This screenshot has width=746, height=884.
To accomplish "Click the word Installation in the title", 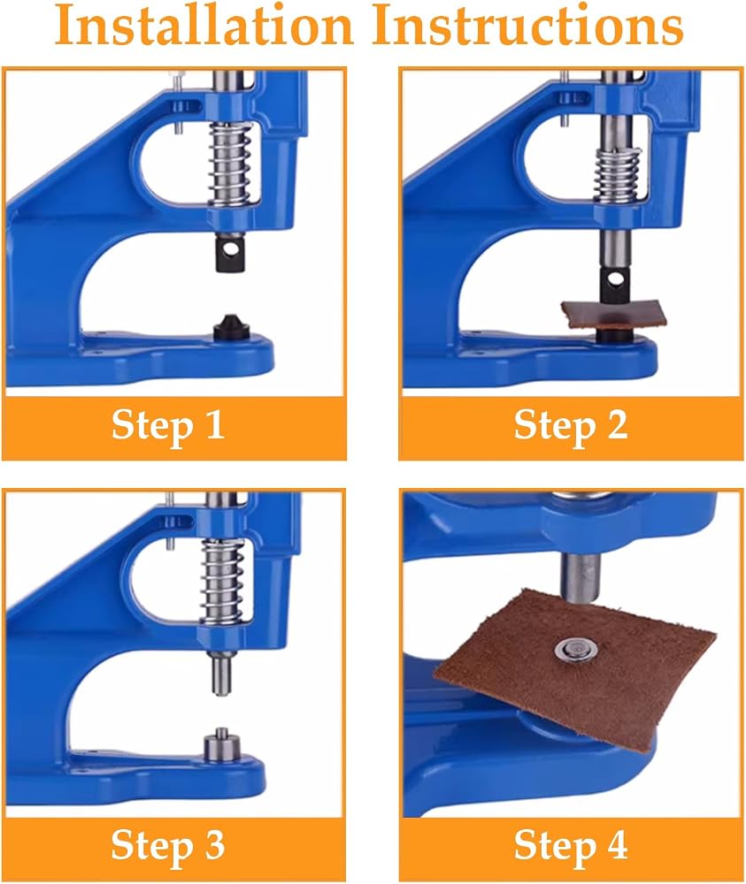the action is coord(204,26).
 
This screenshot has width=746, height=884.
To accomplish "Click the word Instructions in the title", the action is coord(527,26).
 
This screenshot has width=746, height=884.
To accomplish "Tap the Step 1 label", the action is coord(168,426).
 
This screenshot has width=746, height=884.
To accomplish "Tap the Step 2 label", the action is coord(571,426).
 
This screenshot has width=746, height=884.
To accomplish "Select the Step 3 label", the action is coord(168,846).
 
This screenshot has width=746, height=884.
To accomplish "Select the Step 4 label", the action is coord(571,846).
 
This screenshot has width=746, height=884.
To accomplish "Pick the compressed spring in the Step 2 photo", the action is coord(619,176).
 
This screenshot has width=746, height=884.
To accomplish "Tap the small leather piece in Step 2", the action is coord(614,315).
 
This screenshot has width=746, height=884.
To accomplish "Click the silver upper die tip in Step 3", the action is coord(223,673).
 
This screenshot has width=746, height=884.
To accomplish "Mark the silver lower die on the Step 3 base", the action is coord(222,747).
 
